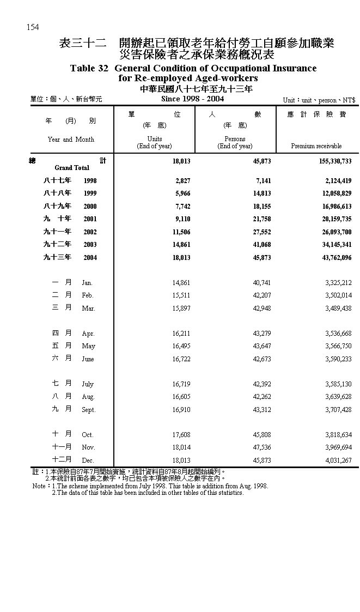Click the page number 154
32,27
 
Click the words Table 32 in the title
90,69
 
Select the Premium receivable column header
316,146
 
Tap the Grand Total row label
71,168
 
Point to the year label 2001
90,219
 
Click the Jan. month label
87,283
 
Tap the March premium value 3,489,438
338,308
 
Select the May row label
88,347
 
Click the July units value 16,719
181,384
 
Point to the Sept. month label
88,410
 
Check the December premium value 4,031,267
338,460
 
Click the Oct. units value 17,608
181,435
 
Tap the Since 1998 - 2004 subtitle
192,99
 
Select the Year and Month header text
71,140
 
